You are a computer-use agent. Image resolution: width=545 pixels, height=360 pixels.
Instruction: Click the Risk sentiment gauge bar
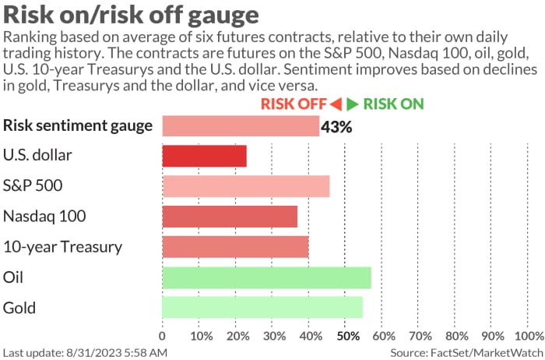241,125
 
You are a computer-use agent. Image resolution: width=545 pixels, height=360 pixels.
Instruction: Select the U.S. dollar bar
204,155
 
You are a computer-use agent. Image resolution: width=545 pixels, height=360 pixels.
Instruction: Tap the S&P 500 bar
245,186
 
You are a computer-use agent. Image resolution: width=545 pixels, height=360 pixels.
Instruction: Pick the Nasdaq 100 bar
230,216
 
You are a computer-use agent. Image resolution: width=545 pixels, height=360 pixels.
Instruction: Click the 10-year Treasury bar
235,247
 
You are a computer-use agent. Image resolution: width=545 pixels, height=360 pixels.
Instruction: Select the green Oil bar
266,277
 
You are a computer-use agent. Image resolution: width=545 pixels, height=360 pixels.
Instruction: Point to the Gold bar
262,307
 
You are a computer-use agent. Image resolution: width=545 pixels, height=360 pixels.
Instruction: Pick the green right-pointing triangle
353,104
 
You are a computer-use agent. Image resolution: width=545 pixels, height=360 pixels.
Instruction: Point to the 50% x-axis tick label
347,337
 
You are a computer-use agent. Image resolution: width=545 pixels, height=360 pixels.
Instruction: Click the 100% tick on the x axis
529,337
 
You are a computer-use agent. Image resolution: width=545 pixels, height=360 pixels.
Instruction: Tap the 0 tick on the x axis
163,337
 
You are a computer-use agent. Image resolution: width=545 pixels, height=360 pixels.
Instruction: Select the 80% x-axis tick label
457,337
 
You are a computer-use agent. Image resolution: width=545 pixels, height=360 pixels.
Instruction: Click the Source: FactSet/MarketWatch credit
466,353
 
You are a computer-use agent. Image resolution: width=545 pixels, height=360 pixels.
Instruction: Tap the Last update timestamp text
85,353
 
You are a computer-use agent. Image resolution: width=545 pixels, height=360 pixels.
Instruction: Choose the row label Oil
14,277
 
